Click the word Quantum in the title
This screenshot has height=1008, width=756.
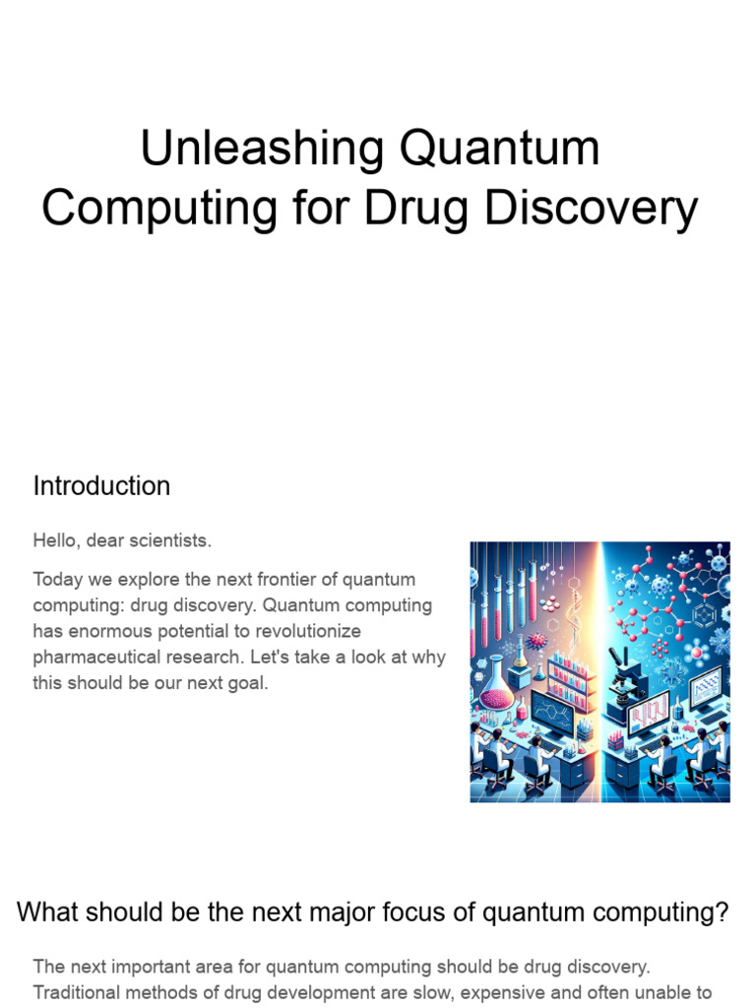pos(499,149)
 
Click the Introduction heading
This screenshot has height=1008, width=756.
pos(101,486)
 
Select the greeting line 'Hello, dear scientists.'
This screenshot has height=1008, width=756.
pos(122,540)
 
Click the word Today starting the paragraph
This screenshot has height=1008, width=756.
pos(58,579)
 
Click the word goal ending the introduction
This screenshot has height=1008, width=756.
pos(245,682)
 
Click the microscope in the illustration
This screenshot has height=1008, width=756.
pos(624,682)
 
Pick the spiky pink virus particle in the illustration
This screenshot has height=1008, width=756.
pos(537,640)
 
